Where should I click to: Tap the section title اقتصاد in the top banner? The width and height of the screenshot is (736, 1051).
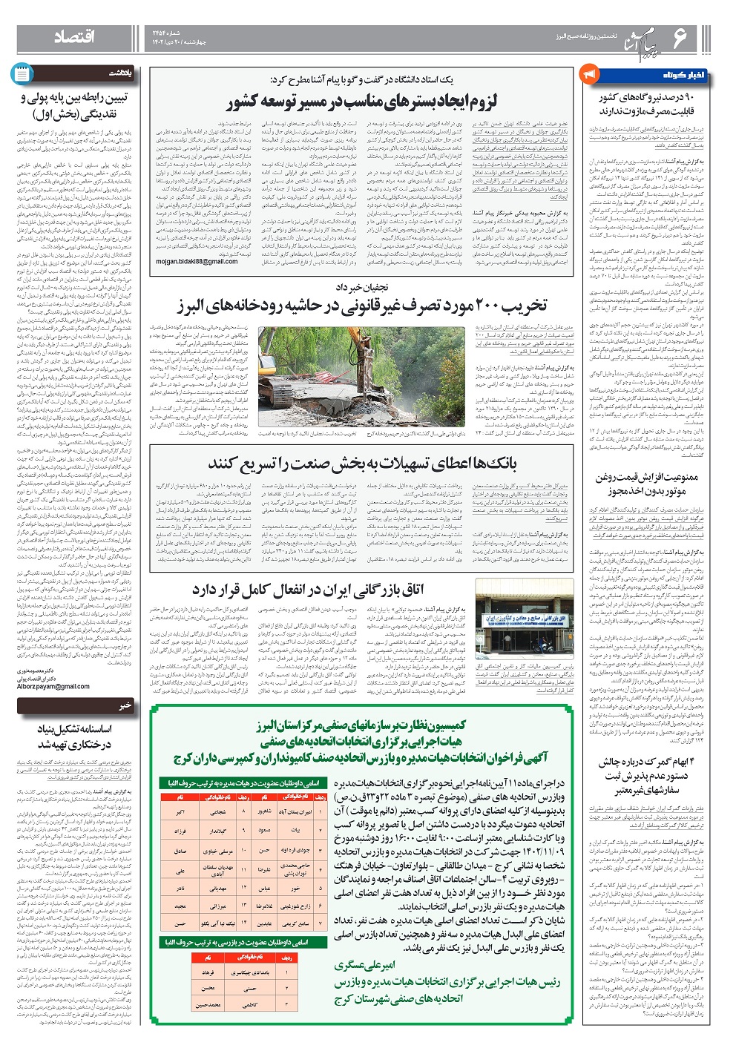click(73, 38)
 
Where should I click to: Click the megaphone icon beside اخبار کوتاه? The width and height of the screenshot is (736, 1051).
click(591, 75)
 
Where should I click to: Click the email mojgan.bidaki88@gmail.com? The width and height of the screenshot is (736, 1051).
click(197, 261)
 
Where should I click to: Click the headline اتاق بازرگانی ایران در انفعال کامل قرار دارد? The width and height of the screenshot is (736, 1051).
click(307, 589)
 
